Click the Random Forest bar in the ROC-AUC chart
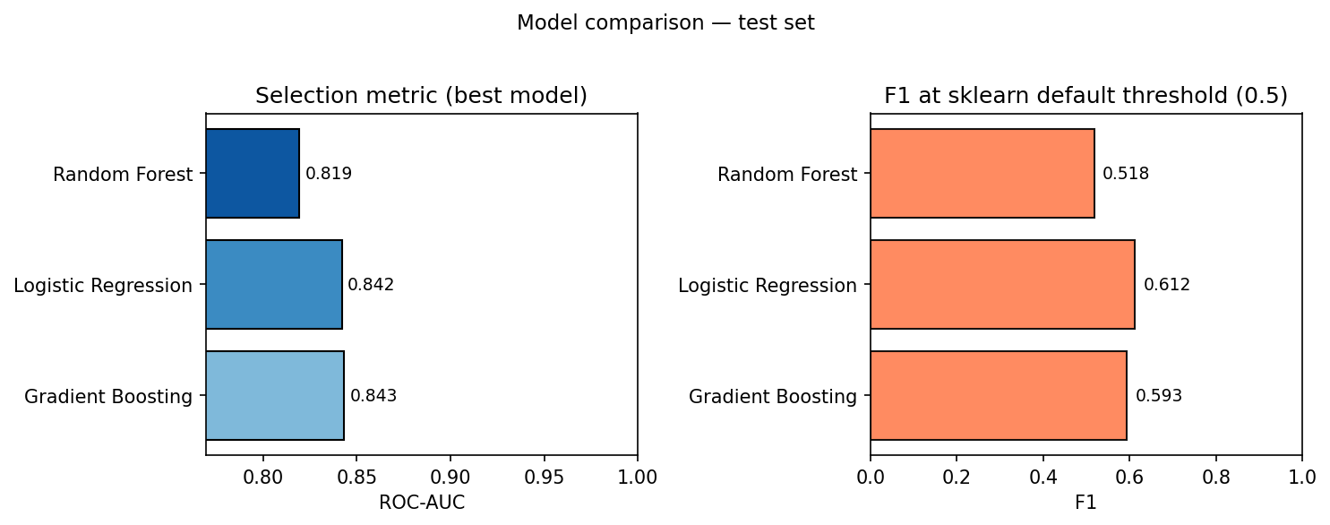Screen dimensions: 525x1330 tap(253, 174)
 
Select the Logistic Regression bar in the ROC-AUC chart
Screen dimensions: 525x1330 tap(274, 285)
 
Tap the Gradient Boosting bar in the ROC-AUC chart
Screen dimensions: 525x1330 tap(275, 396)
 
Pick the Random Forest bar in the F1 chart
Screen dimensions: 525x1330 tap(982, 174)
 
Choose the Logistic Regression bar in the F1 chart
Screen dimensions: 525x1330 tap(1002, 285)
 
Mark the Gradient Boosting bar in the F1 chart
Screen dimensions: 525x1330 tap(998, 396)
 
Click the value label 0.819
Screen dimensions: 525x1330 tap(329, 174)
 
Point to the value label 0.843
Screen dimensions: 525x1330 tap(373, 396)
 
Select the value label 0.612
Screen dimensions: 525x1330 tap(1167, 285)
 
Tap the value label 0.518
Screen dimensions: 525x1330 tap(1126, 174)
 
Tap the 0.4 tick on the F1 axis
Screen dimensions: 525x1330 tap(1043, 477)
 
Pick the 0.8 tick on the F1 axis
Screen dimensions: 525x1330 tap(1215, 477)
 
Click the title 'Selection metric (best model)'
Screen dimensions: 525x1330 tap(421, 96)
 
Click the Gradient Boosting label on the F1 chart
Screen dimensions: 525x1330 tap(773, 397)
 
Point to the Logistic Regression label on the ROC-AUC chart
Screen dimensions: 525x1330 tap(103, 286)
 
